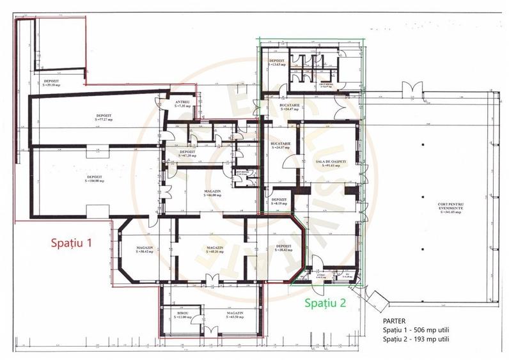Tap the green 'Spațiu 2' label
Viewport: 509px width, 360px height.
[325, 302]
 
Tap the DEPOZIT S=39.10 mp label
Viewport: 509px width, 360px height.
[52, 82]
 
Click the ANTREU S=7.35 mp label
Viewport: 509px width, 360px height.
[182, 104]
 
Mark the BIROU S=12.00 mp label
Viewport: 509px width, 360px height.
[184, 316]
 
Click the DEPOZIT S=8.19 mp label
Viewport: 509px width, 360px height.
[279, 201]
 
